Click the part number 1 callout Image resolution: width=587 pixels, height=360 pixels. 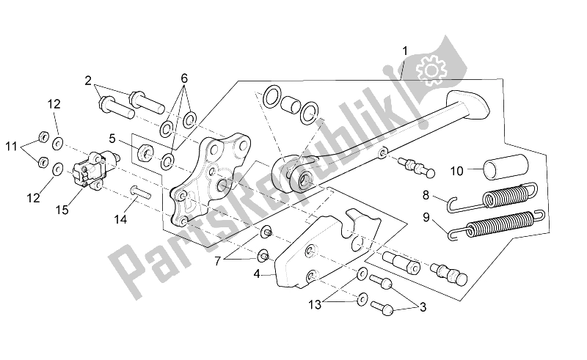(404, 51)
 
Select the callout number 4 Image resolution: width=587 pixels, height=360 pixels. (255, 275)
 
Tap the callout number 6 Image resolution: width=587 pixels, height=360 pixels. (184, 78)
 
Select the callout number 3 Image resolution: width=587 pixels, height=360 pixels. (420, 306)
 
